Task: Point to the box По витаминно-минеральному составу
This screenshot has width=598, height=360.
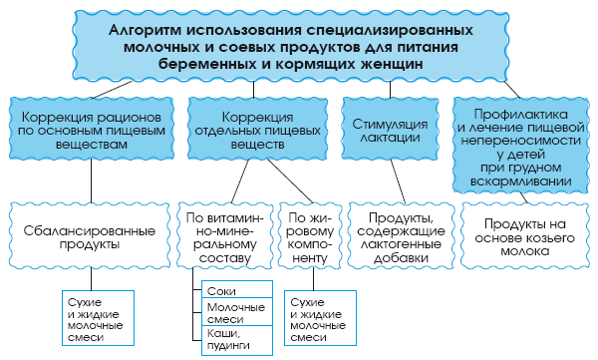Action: [x=225, y=238]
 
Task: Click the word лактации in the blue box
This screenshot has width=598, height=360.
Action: [x=392, y=140]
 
